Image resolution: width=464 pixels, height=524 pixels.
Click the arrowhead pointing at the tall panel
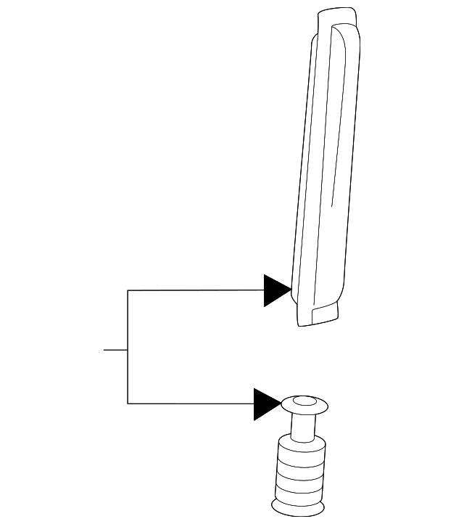(x=275, y=290)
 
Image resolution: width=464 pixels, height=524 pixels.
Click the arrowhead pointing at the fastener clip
(x=265, y=404)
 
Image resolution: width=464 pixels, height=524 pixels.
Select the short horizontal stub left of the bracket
(x=116, y=350)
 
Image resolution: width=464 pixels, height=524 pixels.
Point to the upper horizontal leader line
(x=196, y=290)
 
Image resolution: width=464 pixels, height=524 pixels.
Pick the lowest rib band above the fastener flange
(x=299, y=496)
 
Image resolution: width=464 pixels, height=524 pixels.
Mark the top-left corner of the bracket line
(x=128, y=290)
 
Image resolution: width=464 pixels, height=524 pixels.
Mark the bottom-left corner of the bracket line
(x=128, y=404)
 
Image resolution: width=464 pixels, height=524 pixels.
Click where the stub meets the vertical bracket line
(x=128, y=350)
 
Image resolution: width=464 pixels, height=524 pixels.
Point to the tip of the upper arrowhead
(x=291, y=290)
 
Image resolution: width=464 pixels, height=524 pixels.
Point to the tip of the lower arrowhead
(x=281, y=404)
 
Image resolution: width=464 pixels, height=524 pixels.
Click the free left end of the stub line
(x=104, y=350)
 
